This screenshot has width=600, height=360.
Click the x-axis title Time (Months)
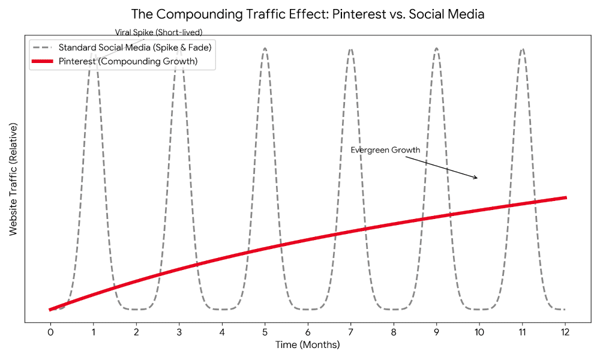tap(307, 345)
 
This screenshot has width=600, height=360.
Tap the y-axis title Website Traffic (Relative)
tap(13, 179)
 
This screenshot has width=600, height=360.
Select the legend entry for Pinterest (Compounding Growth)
tap(128, 61)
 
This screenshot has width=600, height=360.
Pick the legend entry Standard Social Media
tap(135, 47)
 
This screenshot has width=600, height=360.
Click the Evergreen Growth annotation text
tap(385, 150)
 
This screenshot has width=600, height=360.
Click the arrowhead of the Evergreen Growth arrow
tap(476, 178)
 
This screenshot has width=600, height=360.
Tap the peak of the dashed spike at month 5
tap(265, 49)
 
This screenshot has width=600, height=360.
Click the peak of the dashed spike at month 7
tap(350, 49)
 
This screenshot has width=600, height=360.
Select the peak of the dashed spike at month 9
tap(436, 49)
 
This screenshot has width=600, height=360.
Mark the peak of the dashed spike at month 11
tap(522, 49)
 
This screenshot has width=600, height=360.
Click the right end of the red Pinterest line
tap(565, 197)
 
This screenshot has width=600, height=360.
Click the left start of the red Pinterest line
tap(50, 310)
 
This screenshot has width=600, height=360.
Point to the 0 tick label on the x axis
tap(50, 332)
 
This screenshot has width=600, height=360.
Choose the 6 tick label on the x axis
tap(308, 332)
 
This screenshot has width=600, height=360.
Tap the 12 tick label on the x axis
tap(565, 332)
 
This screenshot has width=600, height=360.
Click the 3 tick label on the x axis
tap(179, 332)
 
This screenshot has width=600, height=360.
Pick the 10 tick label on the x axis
tap(479, 332)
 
